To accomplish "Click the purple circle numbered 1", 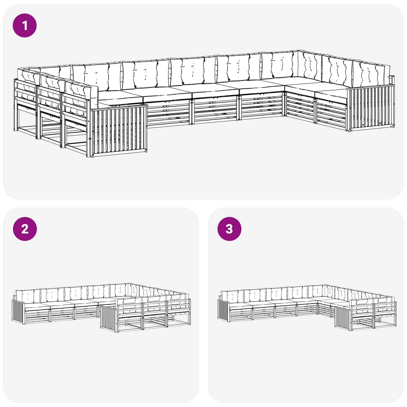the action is coord(25,25).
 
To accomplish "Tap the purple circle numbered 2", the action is coord(25,229).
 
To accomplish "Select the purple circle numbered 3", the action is coord(229,229).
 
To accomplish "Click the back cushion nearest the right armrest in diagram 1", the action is coord(371,74).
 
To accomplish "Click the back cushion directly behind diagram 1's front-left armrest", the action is coord(81,94).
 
